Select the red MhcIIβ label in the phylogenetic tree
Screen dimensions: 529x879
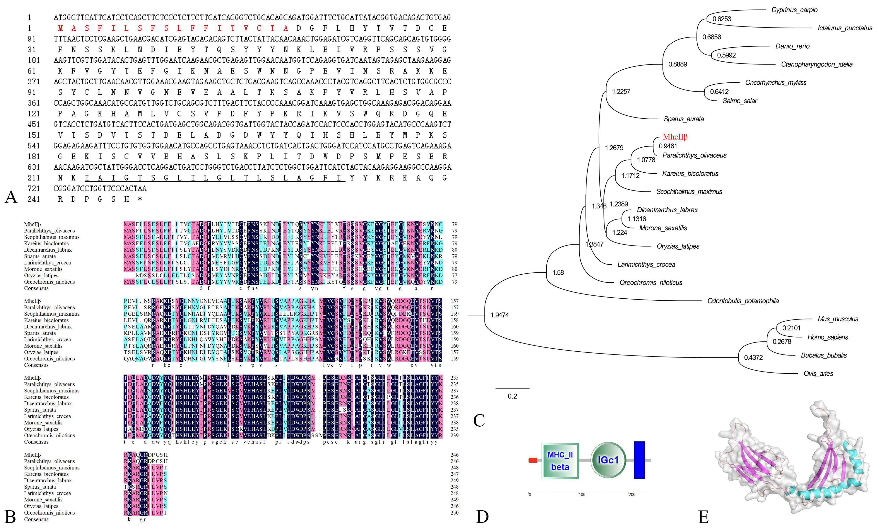(675, 137)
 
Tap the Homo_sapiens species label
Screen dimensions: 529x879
(827, 337)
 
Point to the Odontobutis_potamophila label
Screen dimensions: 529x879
(743, 301)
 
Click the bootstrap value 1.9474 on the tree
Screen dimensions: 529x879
(499, 315)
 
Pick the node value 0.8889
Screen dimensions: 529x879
(677, 64)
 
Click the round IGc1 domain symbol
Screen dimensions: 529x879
(608, 460)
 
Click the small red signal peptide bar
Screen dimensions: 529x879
(533, 460)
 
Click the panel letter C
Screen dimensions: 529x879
(479, 420)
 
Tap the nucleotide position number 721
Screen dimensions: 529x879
(34, 188)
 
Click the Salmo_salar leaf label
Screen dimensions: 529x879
(739, 101)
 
